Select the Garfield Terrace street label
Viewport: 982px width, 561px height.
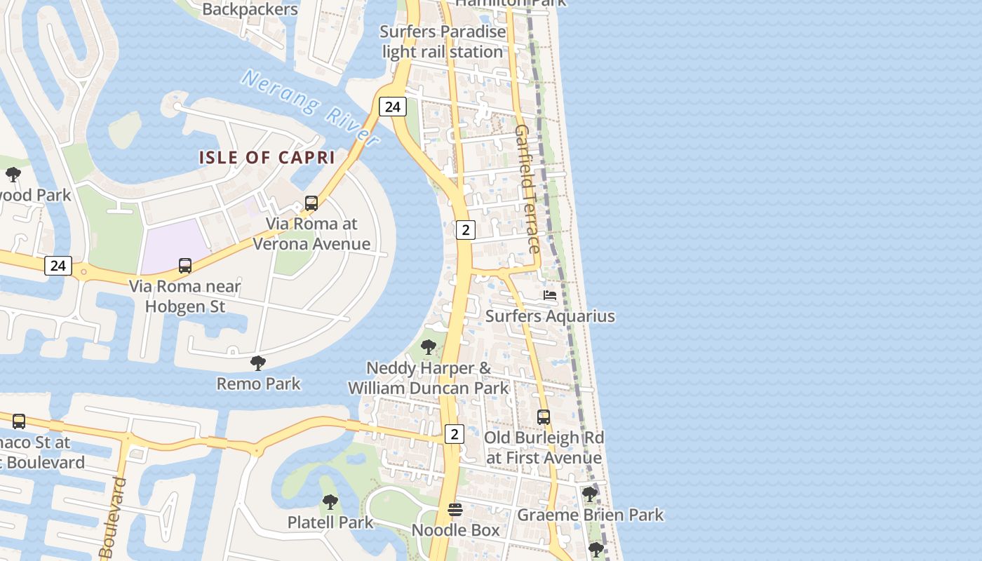point(527,189)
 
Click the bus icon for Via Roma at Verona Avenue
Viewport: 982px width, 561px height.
point(311,203)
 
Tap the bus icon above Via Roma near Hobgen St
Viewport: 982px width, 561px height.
point(185,266)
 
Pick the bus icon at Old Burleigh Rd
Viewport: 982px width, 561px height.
point(544,417)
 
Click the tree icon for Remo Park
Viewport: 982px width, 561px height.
point(258,363)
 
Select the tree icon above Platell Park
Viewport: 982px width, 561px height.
point(330,502)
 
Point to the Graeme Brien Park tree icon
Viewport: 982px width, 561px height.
point(590,495)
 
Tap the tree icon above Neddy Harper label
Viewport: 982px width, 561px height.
point(428,347)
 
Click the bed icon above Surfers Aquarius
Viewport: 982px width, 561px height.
point(550,295)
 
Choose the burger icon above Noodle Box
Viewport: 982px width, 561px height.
point(455,510)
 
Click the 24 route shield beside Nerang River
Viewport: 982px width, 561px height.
point(392,107)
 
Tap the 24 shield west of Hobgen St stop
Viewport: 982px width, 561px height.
point(58,266)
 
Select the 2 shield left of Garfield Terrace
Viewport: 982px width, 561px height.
point(465,229)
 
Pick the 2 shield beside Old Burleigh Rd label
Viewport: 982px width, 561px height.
point(454,434)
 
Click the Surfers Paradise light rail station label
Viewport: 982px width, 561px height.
point(443,42)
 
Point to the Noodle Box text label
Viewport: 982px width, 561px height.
point(455,530)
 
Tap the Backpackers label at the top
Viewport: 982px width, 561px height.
point(250,9)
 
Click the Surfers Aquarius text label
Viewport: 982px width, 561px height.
point(550,316)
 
